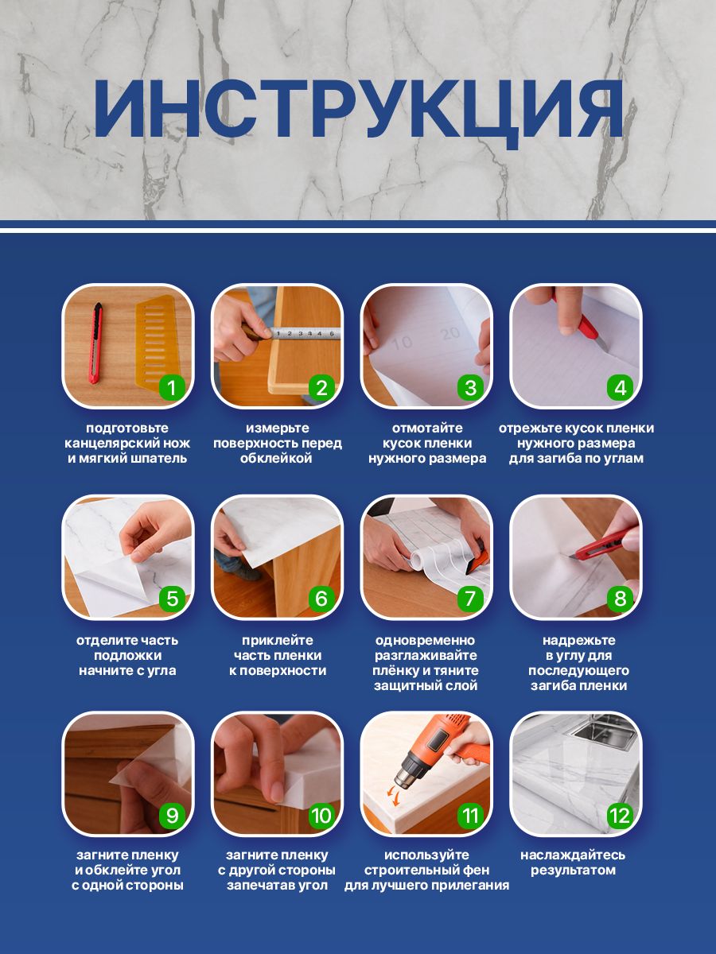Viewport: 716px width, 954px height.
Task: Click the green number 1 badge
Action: [x=172, y=387]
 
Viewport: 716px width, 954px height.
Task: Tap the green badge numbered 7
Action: [x=470, y=599]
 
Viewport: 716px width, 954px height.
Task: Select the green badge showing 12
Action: [x=620, y=816]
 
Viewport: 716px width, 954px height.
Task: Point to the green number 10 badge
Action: [x=321, y=816]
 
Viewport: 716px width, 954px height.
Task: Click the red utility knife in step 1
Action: [x=96, y=343]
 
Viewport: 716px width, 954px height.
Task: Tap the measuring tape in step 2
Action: [x=305, y=333]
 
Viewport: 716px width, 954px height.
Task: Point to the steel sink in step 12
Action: [x=605, y=735]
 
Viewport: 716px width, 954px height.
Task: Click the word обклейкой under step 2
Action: [x=277, y=458]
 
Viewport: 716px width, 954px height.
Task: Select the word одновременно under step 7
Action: [x=426, y=640]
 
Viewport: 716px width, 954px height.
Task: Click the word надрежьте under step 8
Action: [x=579, y=640]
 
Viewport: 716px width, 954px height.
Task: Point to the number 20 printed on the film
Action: [x=449, y=334]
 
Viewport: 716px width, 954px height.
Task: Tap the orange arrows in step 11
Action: [x=394, y=793]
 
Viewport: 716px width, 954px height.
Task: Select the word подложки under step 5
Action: [x=128, y=655]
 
